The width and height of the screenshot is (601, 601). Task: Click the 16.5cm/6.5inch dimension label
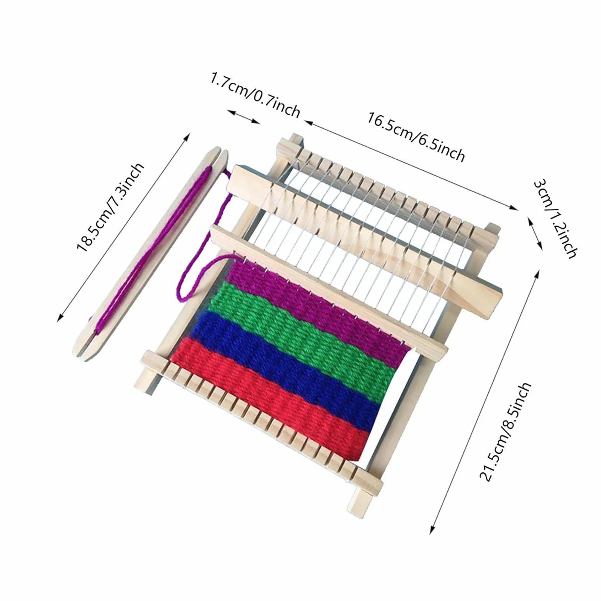point(416,136)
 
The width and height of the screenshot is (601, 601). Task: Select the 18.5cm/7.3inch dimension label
point(110,208)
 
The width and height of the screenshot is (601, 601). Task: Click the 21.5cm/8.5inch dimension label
point(505,432)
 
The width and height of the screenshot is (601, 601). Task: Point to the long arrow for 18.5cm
point(124,227)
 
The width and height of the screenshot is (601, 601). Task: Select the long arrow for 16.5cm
point(411,165)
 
